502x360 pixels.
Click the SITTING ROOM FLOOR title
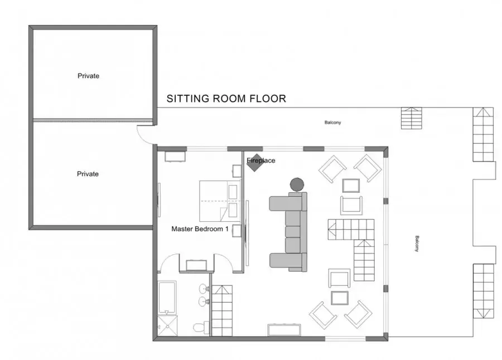[226, 99]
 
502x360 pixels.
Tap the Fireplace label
[261, 160]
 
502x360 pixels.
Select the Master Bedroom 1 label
[200, 229]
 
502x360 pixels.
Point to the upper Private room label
[88, 76]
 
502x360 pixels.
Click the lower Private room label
[88, 174]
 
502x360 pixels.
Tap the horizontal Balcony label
[332, 122]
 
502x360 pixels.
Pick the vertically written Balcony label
[417, 244]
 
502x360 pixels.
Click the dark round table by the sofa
[297, 184]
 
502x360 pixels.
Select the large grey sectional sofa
[288, 232]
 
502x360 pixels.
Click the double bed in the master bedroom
[220, 201]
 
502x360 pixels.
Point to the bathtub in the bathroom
[167, 297]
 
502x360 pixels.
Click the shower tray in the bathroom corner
[167, 325]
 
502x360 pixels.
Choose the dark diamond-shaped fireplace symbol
[255, 163]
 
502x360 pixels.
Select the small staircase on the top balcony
[412, 118]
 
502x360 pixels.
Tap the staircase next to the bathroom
[222, 310]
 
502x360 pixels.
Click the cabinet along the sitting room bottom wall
[284, 330]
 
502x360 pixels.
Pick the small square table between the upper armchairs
[351, 185]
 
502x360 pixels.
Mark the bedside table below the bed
[237, 231]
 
